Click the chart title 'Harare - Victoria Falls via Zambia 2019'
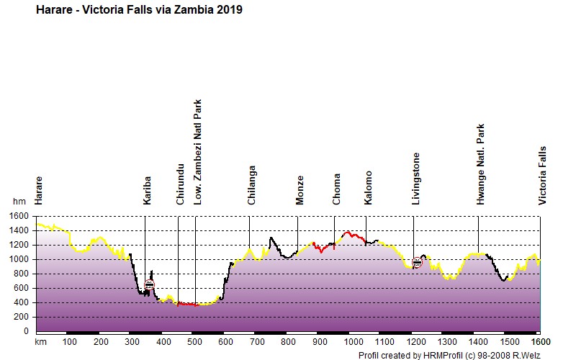139,10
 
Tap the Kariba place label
147,191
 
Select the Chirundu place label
180,184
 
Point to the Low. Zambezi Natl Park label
197,152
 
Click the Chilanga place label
251,185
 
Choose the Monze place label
300,190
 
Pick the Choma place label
336,189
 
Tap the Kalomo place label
368,188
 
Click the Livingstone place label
415,179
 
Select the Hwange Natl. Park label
480,164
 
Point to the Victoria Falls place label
543,176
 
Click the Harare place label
39,191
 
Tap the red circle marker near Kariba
149,284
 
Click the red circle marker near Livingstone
417,262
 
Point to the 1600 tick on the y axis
19,216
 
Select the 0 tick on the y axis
26,331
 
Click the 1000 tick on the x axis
353,342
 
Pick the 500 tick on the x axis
194,342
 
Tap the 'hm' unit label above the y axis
19,202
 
